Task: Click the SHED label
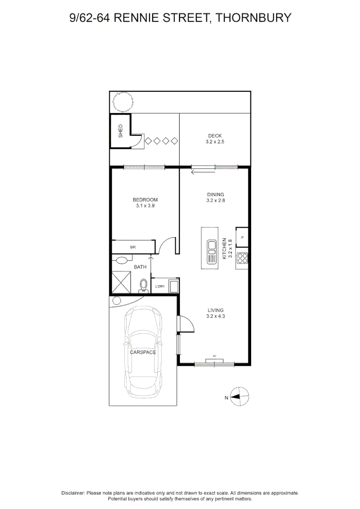[x=121, y=131]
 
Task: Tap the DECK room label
[x=215, y=136]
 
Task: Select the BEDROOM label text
[x=145, y=200]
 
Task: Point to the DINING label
[x=215, y=195]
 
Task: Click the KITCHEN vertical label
[x=224, y=249]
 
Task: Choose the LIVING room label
[x=215, y=310]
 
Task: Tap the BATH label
[x=140, y=267]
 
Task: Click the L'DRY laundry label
[x=160, y=287]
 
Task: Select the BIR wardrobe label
[x=133, y=247]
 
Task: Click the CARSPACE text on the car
[x=143, y=352]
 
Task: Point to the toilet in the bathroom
[x=143, y=286]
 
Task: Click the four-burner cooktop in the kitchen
[x=242, y=258]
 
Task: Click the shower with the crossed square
[x=121, y=282]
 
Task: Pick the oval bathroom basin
[x=122, y=260]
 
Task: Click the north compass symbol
[x=239, y=396]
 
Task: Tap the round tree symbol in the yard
[x=123, y=101]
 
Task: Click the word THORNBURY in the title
[x=254, y=17]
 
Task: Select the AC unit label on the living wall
[x=214, y=356]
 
